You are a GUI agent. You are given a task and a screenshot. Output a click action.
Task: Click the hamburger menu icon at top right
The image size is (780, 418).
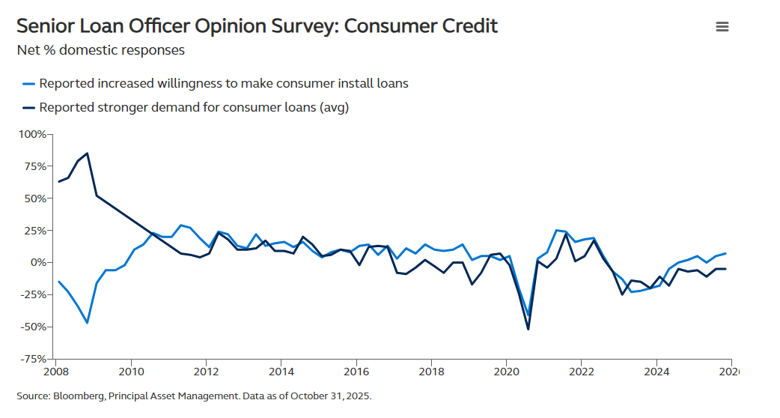(x=722, y=27)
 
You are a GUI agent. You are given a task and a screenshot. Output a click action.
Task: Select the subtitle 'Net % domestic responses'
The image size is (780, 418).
(x=100, y=51)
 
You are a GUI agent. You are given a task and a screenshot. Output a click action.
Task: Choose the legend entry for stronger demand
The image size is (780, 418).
(x=193, y=107)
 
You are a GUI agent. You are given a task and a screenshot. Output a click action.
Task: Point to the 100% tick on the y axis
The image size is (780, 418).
(x=32, y=134)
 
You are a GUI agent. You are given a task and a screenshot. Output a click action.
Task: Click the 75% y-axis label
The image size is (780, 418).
(x=35, y=166)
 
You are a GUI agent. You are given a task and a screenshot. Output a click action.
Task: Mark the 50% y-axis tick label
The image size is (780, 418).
(x=35, y=199)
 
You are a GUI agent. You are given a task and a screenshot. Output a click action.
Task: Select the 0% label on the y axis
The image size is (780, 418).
(x=38, y=262)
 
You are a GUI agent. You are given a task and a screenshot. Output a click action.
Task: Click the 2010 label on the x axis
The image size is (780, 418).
(x=131, y=372)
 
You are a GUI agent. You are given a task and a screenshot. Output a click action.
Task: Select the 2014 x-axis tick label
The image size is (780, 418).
(x=281, y=372)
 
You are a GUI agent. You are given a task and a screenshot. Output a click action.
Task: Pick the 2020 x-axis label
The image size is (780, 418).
(x=506, y=372)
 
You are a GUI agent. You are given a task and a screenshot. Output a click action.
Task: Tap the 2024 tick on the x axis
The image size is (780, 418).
(x=656, y=372)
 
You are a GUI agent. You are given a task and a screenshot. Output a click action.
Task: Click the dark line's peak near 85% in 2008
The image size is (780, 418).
(x=88, y=153)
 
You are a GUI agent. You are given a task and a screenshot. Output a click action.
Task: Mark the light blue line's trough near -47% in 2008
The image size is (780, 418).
(x=88, y=323)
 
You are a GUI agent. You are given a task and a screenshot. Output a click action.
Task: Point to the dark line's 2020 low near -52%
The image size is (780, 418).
(x=528, y=329)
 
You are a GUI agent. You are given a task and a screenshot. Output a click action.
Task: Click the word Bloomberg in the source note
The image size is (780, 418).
(x=77, y=396)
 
